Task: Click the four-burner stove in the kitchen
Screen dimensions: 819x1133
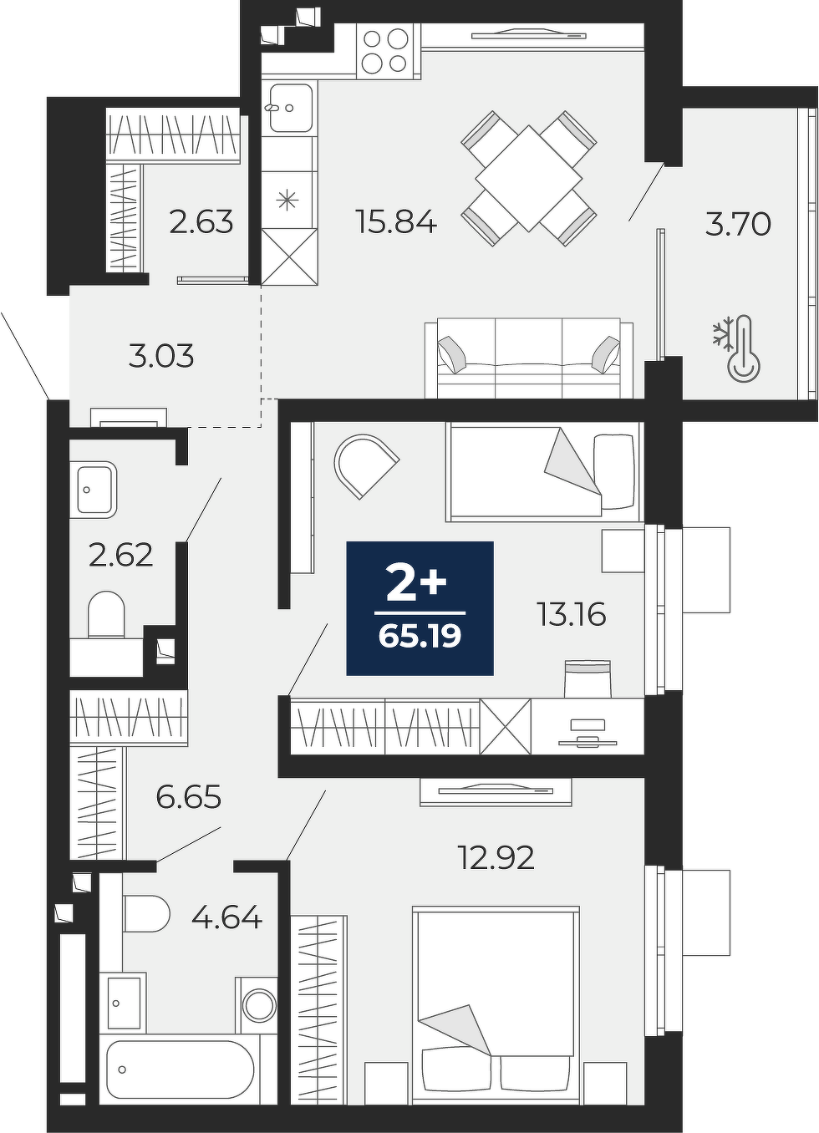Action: click(389, 51)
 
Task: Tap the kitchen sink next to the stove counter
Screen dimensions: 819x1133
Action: click(290, 108)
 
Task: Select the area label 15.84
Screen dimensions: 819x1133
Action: click(396, 222)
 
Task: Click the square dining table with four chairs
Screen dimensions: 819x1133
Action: click(529, 178)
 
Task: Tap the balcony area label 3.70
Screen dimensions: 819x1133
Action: click(738, 224)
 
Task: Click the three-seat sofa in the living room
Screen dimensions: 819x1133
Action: click(529, 358)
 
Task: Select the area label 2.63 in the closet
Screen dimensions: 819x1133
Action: click(201, 222)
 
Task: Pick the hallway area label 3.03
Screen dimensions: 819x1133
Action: click(161, 356)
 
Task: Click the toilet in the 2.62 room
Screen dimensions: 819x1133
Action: click(106, 613)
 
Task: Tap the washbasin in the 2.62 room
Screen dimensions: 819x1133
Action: click(97, 489)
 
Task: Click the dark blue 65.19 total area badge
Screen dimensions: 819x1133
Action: click(420, 608)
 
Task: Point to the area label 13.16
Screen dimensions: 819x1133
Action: click(572, 615)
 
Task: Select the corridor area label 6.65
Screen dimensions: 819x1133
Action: click(189, 798)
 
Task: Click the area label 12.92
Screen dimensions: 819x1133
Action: click(496, 858)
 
